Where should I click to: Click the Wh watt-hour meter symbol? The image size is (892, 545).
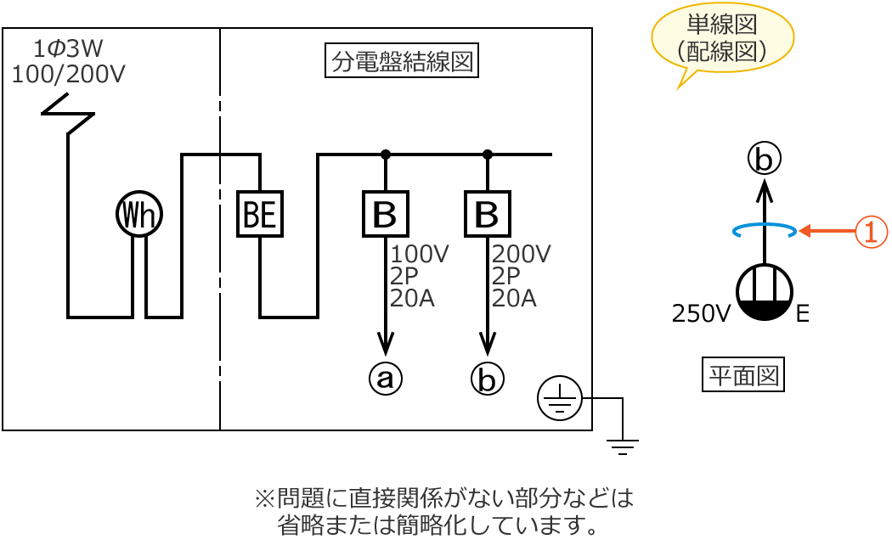[139, 214]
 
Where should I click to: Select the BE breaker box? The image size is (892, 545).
[260, 214]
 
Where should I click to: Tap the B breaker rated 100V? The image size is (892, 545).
[386, 214]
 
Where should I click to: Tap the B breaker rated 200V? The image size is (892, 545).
[488, 214]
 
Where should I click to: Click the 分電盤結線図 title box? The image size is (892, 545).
[402, 61]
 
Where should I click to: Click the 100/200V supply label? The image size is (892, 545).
[68, 75]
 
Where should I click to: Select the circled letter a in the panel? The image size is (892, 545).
[386, 378]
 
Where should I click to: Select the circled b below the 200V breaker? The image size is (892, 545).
[488, 378]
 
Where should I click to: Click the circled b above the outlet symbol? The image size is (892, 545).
[765, 158]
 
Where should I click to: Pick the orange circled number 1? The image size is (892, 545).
[871, 231]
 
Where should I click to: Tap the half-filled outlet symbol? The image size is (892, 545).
[765, 292]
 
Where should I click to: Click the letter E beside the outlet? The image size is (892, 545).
[803, 314]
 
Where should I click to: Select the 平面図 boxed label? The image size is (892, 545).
[743, 374]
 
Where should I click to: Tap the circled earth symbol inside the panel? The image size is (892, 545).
[560, 398]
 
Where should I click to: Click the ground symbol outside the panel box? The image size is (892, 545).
[623, 447]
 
